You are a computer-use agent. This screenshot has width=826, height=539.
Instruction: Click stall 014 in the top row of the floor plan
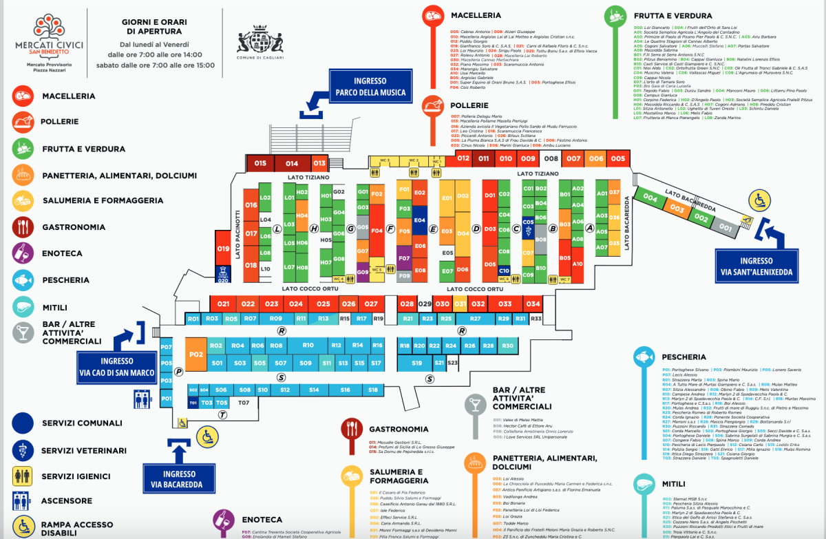coord(292,164)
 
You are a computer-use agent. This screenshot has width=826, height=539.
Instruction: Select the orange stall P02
coord(196,355)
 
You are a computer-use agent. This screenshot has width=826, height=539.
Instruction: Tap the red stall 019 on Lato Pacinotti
coord(222,249)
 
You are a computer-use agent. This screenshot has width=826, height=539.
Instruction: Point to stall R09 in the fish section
coord(276,319)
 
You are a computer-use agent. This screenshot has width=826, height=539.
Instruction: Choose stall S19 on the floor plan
coord(416,362)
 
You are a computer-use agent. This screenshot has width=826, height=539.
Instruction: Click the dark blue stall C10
coord(504,271)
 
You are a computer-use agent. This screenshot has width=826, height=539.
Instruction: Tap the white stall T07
coord(243,403)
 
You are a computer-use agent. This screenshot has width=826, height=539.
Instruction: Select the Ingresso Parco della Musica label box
coord(371,87)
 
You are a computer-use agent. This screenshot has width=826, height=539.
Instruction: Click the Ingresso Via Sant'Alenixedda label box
coord(756,266)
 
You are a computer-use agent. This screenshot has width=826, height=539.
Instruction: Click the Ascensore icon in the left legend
coord(23,500)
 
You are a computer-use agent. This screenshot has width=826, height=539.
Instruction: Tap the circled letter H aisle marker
coord(314,229)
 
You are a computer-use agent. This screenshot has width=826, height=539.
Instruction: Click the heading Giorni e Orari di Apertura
coord(151,26)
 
